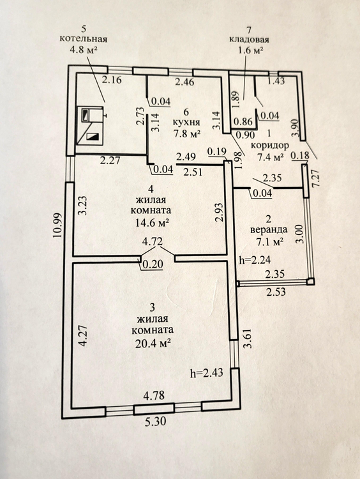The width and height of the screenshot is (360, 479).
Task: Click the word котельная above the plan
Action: (x=83, y=39)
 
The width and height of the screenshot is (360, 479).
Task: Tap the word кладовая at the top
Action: (x=249, y=40)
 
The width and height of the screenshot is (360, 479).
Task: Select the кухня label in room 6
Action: (x=186, y=123)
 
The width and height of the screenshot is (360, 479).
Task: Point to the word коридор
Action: (x=269, y=146)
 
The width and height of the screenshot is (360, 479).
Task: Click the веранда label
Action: (x=269, y=229)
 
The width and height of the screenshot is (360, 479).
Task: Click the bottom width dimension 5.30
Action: (x=154, y=422)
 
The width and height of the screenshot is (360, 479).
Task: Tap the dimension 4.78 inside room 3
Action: (x=154, y=395)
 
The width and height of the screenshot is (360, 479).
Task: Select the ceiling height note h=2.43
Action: (x=206, y=373)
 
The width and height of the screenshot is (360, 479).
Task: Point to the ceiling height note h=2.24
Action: (x=255, y=261)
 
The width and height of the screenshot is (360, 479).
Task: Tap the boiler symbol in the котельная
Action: (x=90, y=125)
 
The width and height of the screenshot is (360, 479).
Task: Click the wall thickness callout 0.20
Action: (x=152, y=264)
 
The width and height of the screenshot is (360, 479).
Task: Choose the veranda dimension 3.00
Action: (x=299, y=234)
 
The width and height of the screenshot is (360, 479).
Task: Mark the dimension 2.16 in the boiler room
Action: (x=112, y=80)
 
